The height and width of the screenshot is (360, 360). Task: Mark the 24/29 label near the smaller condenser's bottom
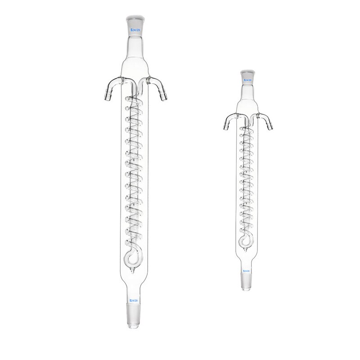click(246, 271)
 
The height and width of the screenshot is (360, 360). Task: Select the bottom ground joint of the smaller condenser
click(246, 283)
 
